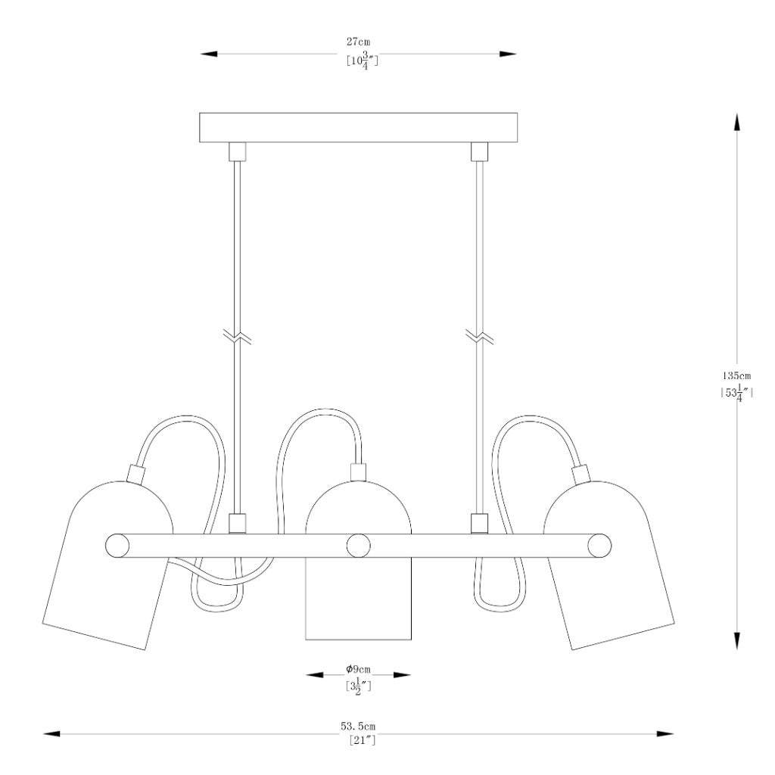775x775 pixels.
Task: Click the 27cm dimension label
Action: (x=358, y=42)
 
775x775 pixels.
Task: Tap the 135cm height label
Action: (x=736, y=376)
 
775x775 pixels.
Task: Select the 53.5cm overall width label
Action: (x=358, y=727)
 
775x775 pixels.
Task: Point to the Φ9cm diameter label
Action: (x=358, y=670)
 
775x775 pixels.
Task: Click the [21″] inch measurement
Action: (x=363, y=740)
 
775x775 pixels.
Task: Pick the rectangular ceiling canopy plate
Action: (x=358, y=127)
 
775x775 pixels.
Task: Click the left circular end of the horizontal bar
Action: (x=117, y=546)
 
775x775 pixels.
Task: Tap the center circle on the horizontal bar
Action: (x=358, y=546)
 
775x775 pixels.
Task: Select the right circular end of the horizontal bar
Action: (x=599, y=546)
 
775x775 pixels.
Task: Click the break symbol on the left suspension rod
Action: (x=237, y=337)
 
